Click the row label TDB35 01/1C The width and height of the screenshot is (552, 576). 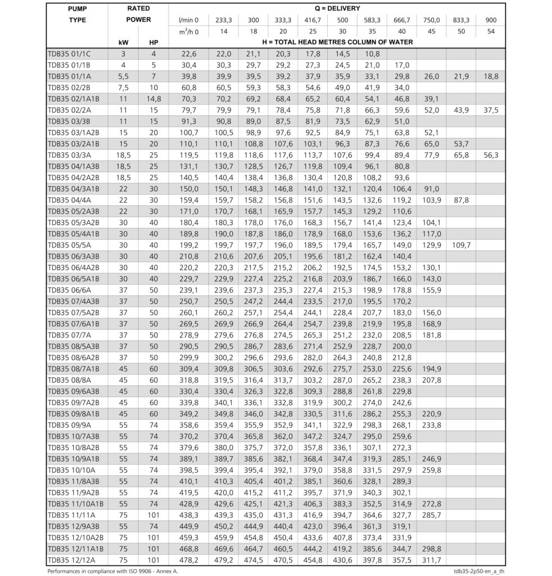tap(70, 54)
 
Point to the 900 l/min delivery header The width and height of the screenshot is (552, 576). tap(491, 20)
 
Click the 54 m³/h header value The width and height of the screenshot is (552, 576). tap(491, 31)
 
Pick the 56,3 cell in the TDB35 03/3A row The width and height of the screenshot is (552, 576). tap(491, 154)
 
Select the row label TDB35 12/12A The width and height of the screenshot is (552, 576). tap(71, 560)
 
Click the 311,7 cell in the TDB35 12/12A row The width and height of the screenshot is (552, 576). tap(431, 560)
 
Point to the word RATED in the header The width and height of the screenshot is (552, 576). tap(138, 9)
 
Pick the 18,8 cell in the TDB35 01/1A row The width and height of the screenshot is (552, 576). tap(491, 76)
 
